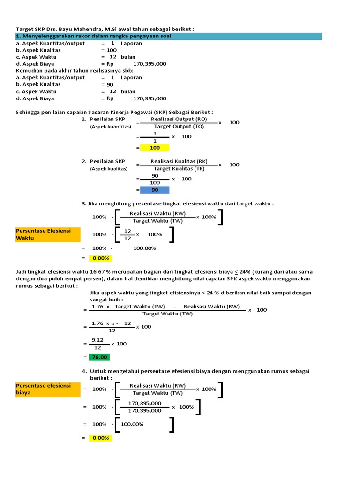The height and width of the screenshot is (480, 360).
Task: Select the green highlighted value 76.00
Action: [x=100, y=357]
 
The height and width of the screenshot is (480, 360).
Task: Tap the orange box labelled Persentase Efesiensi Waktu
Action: [x=48, y=234]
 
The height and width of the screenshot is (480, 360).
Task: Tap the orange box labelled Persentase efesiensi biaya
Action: [x=48, y=389]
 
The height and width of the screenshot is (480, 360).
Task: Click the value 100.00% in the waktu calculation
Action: [x=144, y=248]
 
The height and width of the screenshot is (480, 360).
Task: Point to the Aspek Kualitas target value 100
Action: [x=112, y=50]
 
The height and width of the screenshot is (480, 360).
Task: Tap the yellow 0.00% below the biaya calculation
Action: [x=100, y=438]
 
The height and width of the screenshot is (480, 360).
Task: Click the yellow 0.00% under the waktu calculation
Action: [x=100, y=258]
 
